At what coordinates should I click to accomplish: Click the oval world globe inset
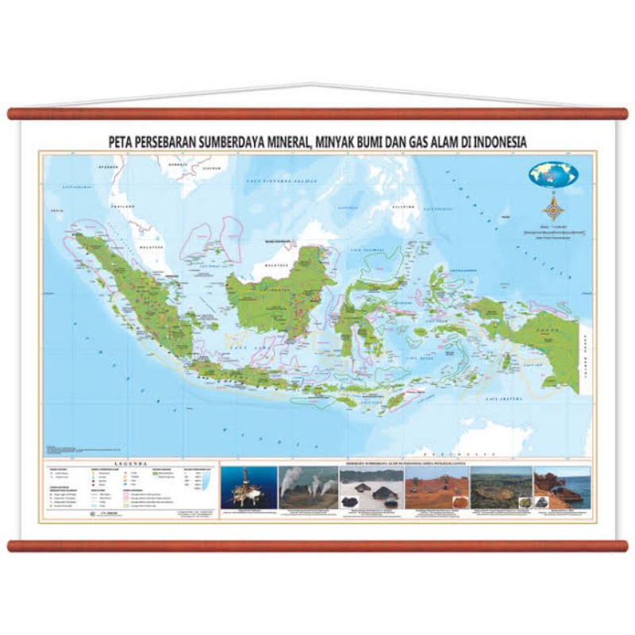pyautogui.click(x=552, y=175)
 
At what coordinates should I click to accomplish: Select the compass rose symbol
pyautogui.click(x=552, y=209)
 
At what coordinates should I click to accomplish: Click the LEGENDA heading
pyautogui.click(x=129, y=462)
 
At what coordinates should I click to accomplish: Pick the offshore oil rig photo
pyautogui.click(x=248, y=487)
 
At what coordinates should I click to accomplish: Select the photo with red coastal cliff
pyautogui.click(x=562, y=487)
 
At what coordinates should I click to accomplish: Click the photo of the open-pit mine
pyautogui.click(x=501, y=487)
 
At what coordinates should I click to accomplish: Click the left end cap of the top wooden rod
pyautogui.click(x=12, y=114)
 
